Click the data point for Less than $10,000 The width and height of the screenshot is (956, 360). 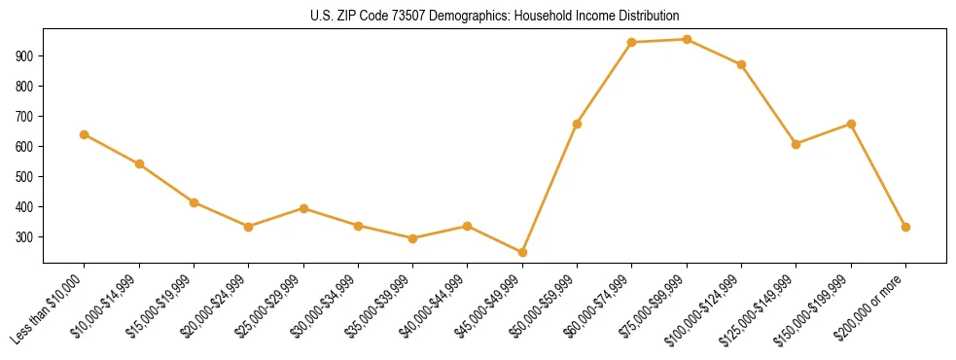coord(85,134)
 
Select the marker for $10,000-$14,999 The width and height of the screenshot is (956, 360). coord(139,163)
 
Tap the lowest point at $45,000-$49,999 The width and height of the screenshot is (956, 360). coord(522,253)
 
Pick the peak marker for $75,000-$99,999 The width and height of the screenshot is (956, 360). coord(687,40)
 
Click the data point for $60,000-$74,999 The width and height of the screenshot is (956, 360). coord(632,43)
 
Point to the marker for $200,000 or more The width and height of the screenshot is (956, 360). coord(905,227)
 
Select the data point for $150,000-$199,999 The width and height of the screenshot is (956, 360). coord(851,124)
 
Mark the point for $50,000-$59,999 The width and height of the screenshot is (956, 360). coord(577,124)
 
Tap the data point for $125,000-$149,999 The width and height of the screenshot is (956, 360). coord(796,144)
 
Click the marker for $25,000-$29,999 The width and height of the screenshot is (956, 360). coord(303,208)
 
